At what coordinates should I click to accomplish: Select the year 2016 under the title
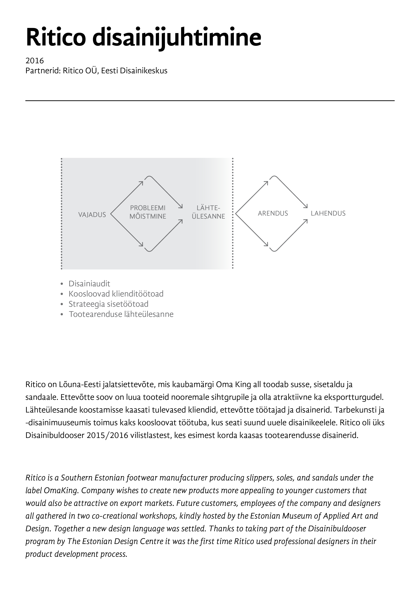[35, 61]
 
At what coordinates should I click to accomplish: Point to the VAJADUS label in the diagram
[92, 215]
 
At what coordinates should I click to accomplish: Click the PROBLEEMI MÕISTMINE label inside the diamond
[148, 212]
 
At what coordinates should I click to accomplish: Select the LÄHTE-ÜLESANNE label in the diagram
[208, 212]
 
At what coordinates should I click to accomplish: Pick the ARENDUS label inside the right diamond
[273, 213]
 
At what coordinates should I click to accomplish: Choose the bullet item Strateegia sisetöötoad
[108, 304]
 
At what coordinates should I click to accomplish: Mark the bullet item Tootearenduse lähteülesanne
[121, 314]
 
